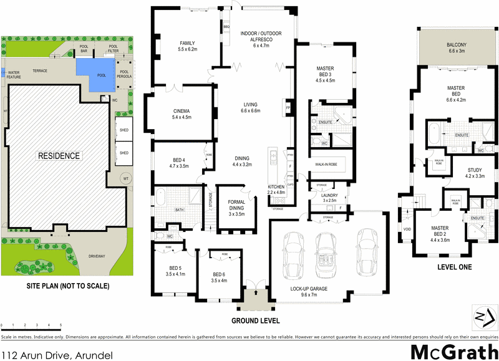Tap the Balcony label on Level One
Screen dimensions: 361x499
click(x=457, y=49)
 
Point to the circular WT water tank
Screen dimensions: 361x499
click(x=125, y=178)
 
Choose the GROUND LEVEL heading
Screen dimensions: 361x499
click(x=256, y=321)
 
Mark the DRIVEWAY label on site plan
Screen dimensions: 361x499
click(x=96, y=256)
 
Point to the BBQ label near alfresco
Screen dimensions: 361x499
click(x=226, y=28)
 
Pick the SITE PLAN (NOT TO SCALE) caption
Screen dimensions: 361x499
click(x=67, y=286)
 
